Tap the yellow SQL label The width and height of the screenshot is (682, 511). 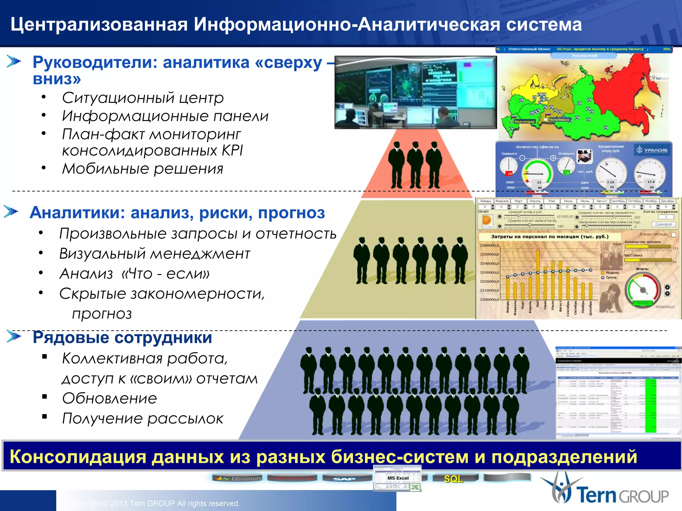click(x=453, y=479)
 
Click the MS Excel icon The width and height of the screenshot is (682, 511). click(x=398, y=478)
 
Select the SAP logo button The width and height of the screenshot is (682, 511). click(x=345, y=479)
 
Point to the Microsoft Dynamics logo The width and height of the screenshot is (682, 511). click(x=237, y=478)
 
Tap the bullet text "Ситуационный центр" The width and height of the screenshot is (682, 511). click(x=143, y=98)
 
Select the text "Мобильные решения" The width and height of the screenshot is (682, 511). click(x=143, y=169)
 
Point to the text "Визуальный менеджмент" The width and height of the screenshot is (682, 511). click(x=155, y=254)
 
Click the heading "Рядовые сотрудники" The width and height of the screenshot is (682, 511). click(x=122, y=337)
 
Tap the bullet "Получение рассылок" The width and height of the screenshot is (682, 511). click(x=143, y=419)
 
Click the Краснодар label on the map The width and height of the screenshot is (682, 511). click(x=524, y=121)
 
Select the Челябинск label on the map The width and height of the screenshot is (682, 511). click(x=559, y=119)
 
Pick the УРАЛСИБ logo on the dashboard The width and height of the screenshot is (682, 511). click(x=651, y=150)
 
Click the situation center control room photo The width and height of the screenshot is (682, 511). click(x=415, y=92)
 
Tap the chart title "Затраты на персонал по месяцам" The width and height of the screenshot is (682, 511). click(x=549, y=237)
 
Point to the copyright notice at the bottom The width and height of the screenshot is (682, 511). click(x=155, y=503)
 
